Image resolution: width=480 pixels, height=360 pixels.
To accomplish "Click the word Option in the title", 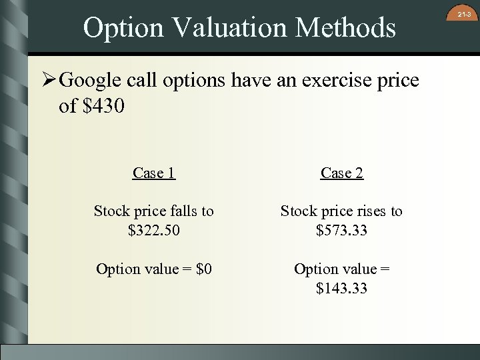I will coord(123,28).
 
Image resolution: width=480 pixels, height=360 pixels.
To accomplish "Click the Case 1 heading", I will coord(153,173).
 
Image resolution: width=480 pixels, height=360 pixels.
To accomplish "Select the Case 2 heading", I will coord(341,173).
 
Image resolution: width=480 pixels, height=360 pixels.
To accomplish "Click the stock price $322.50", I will coord(153,230).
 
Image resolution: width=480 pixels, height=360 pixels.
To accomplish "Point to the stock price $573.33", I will coord(341,230).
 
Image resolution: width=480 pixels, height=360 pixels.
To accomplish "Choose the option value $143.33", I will coord(341,288).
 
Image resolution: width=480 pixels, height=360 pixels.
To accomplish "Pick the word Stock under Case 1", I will coord(111,211).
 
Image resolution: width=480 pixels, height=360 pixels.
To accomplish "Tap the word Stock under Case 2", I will coord(298,211).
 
